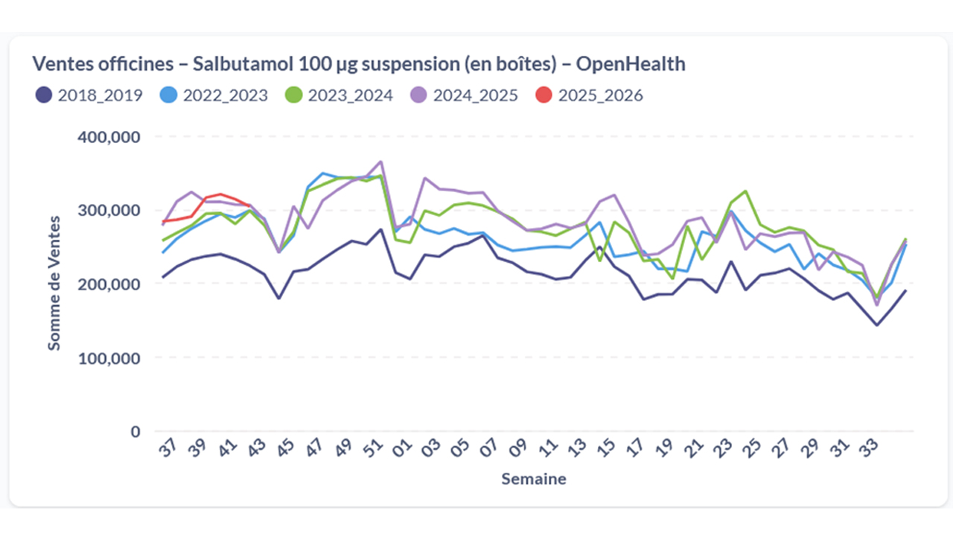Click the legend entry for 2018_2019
coord(89,95)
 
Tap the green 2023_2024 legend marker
coord(293,95)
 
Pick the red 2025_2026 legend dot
coord(544,95)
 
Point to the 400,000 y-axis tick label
coord(109,137)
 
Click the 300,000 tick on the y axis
coord(109,211)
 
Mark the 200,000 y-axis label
coord(109,284)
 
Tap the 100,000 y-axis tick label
coord(109,358)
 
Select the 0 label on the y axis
coord(135,432)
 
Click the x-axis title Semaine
coord(533,479)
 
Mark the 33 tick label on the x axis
coord(870,450)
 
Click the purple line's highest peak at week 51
coord(381,161)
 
